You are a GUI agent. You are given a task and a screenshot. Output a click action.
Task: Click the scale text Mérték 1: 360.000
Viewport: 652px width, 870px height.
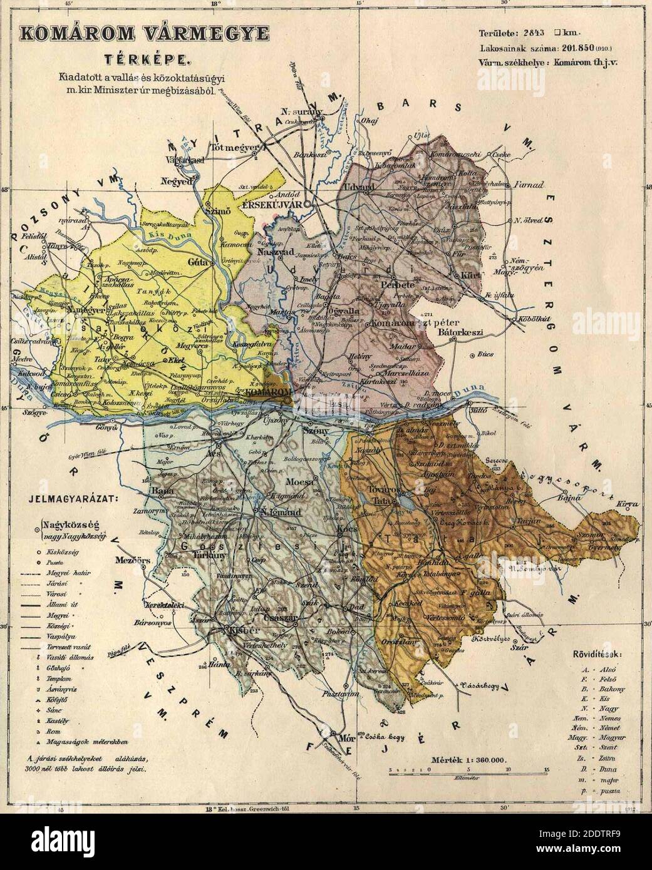(470, 759)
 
